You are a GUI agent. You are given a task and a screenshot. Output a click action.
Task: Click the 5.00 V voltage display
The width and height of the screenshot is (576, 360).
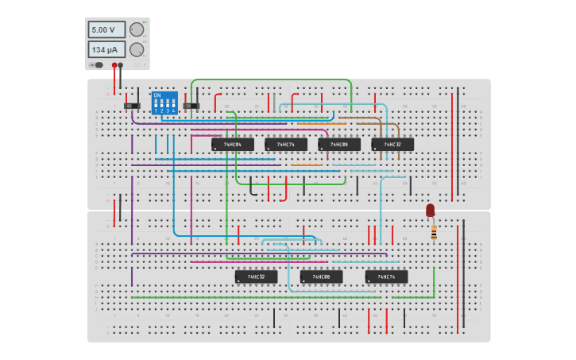pos(106,29)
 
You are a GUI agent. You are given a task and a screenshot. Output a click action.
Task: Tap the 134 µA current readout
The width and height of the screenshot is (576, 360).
pos(106,49)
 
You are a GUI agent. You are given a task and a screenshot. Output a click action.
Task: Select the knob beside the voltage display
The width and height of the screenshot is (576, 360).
pos(137,29)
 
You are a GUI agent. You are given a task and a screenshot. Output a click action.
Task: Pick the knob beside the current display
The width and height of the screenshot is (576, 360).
pos(137,49)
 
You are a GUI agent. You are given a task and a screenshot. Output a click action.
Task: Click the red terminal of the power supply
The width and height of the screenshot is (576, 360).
pos(114,65)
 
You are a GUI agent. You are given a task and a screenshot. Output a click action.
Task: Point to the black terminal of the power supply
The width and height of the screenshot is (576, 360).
pos(121,65)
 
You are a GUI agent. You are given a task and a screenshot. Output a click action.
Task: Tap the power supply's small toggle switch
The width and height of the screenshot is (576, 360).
pos(98,65)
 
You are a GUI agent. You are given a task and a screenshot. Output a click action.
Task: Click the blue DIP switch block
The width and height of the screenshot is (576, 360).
pos(164,103)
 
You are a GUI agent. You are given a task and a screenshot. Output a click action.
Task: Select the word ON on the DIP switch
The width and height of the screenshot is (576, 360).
pos(157,95)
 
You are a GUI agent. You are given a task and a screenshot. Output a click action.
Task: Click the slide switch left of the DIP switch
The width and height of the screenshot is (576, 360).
pos(132,105)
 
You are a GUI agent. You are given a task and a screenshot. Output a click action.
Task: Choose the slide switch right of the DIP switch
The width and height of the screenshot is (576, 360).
pos(191,105)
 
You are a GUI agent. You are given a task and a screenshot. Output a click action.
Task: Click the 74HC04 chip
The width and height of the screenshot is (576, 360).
pos(233,145)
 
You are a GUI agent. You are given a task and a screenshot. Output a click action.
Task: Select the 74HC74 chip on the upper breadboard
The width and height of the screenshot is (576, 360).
pos(286,145)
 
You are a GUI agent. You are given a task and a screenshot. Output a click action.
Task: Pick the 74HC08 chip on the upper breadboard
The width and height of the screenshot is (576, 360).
pos(339,145)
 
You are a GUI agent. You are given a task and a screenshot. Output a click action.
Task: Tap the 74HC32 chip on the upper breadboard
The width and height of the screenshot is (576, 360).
pos(392,145)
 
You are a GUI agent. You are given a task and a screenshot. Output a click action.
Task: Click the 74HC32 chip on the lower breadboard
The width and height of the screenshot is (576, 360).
pos(257,277)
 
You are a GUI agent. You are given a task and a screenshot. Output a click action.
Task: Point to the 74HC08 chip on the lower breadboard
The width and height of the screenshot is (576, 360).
pos(322,277)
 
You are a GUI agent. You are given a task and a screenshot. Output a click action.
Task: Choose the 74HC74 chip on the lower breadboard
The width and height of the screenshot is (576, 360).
pos(387,277)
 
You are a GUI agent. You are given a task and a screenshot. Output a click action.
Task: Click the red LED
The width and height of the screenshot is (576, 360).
pos(431,210)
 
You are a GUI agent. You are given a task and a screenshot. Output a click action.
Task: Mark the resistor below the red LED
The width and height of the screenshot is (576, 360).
pos(434,232)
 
